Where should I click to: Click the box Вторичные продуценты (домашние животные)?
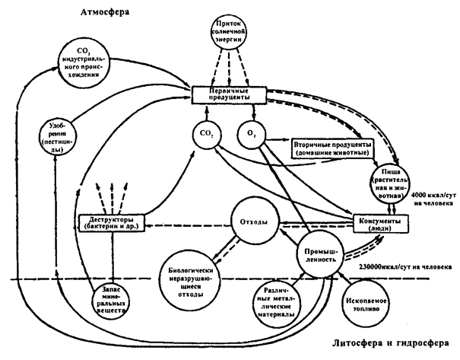(332, 148)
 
